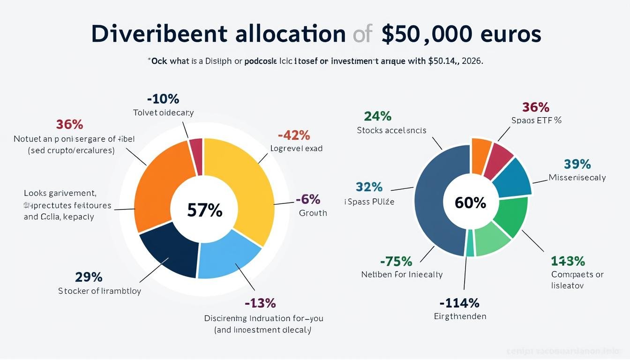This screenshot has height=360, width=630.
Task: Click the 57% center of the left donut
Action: [204, 210]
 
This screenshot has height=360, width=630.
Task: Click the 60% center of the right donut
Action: [470, 202]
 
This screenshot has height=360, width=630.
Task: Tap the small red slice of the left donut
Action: [196, 155]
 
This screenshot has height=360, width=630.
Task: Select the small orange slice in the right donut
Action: [480, 155]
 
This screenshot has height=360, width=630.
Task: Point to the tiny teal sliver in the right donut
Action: [470, 243]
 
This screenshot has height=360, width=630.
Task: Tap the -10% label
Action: [163, 99]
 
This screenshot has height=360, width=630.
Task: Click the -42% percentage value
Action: [294, 135]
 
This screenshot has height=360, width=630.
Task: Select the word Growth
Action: [313, 213]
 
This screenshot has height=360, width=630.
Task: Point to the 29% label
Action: [89, 277]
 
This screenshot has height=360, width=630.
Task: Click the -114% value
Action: [459, 303]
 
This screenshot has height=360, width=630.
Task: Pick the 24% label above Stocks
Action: [377, 116]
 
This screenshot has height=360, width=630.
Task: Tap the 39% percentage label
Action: [577, 164]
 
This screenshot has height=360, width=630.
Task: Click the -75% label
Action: [396, 261]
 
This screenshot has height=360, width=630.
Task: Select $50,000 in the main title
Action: [424, 35]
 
